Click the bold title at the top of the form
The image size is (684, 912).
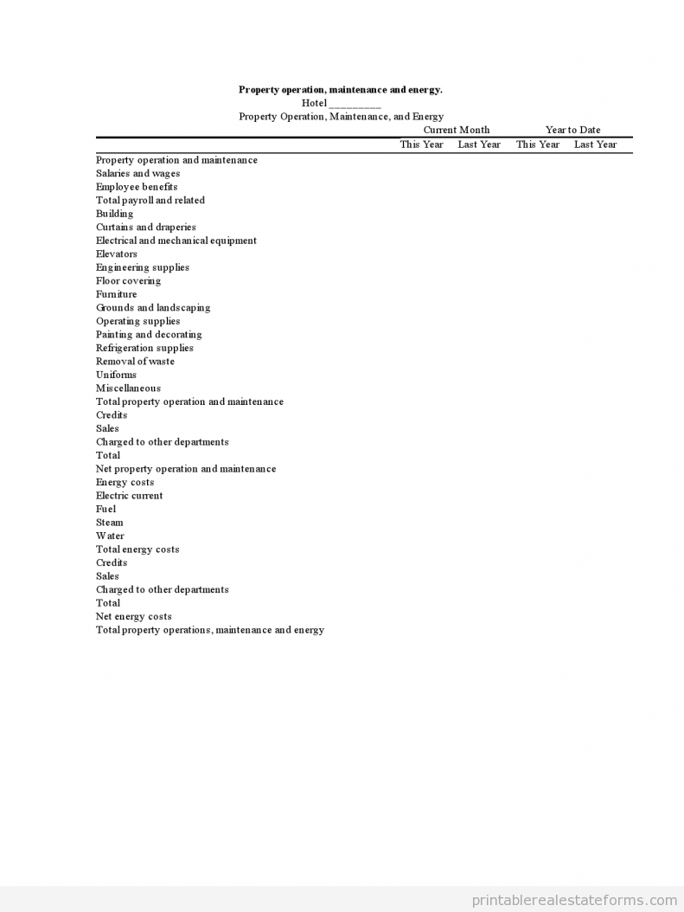340,89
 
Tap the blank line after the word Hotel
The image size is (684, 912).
355,104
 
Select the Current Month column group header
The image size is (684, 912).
456,130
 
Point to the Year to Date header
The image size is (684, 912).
572,130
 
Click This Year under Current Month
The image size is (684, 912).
421,145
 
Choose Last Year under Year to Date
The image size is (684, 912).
595,145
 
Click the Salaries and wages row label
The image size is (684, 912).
137,173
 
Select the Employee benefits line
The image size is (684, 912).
137,187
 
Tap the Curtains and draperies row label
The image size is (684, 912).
145,227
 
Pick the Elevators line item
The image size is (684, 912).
116,254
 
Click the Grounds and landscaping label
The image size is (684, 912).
152,307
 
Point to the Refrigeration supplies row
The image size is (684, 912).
144,348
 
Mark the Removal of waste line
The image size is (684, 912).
135,361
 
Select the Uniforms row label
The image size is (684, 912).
116,375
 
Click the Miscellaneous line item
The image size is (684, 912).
128,388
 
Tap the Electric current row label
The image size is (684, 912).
129,496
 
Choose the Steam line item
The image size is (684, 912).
109,523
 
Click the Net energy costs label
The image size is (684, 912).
133,616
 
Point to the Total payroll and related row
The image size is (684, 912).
150,200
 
